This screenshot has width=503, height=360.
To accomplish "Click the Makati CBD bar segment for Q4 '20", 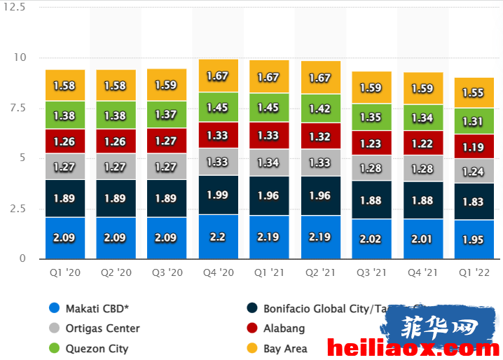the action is [x=219, y=237].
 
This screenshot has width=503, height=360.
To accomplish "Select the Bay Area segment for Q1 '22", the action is [x=474, y=92].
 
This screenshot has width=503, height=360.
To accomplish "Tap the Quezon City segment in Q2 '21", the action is [x=321, y=109].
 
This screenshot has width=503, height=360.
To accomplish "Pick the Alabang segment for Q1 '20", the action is [x=65, y=141].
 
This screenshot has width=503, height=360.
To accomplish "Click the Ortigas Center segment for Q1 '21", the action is [x=269, y=162].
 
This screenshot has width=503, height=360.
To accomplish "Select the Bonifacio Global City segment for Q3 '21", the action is [x=371, y=200].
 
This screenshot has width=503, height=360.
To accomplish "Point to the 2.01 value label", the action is [x=422, y=239].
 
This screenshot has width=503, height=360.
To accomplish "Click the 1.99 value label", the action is [x=217, y=195].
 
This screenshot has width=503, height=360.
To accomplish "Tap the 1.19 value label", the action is [x=473, y=147].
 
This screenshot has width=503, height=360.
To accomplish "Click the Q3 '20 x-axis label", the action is [x=167, y=272].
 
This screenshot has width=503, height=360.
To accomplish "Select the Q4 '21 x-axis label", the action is [x=422, y=272].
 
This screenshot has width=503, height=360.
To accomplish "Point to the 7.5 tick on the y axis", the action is [x=18, y=108].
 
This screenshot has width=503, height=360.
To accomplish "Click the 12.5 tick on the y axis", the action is [x=14, y=7].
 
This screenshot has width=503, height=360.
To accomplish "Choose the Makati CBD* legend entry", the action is [x=89, y=308].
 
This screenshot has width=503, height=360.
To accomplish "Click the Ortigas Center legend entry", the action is [x=95, y=328].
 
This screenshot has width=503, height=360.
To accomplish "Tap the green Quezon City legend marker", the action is [x=54, y=348].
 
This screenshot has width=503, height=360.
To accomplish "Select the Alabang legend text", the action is [x=284, y=328].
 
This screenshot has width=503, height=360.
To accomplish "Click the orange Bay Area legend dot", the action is [x=252, y=348].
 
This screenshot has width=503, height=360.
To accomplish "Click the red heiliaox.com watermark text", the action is [x=413, y=349].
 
